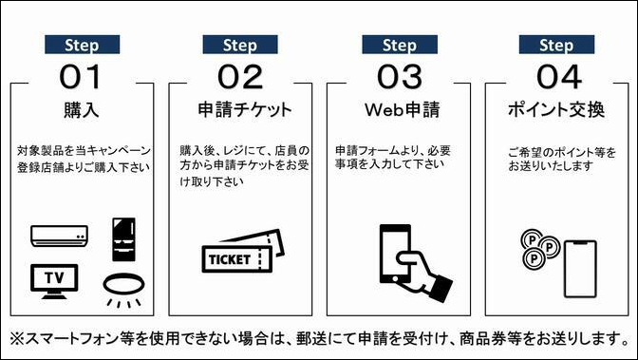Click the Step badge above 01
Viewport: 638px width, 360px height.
point(83,45)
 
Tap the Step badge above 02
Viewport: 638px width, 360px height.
point(240,45)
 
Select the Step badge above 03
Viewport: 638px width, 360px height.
point(399,45)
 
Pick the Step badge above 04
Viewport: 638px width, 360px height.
point(555,45)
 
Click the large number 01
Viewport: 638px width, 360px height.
point(83,75)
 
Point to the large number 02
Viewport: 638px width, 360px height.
point(240,75)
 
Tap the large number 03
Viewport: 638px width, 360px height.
point(399,75)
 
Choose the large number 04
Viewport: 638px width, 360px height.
point(555,75)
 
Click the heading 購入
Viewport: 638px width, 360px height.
point(83,109)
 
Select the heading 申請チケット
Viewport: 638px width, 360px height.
point(240,109)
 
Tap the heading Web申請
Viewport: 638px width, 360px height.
point(399,109)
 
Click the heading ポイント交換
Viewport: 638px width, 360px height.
point(555,109)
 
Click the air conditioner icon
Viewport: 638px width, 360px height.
point(59,234)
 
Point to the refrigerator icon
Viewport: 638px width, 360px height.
point(122,238)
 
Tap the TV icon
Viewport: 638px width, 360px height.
point(54,278)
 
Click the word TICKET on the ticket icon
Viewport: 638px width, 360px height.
point(228,258)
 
